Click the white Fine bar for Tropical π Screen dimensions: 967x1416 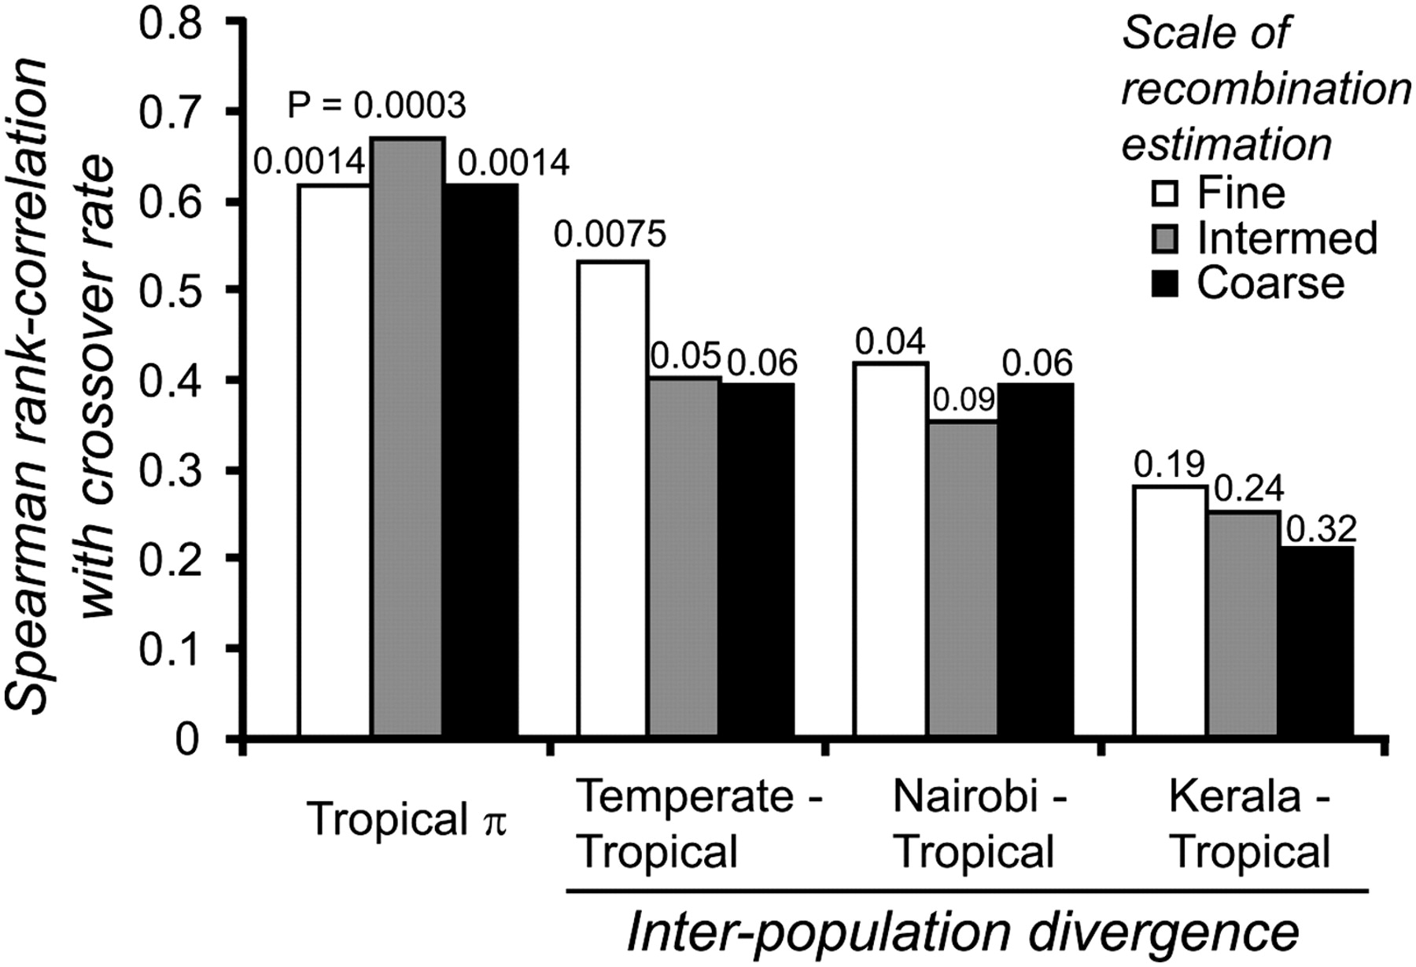tap(334, 460)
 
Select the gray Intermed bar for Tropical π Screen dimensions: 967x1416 tap(407, 437)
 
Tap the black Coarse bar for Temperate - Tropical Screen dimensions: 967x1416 tap(758, 559)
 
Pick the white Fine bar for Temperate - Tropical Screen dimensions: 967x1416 tap(613, 498)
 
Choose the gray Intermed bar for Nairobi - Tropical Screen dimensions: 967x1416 tap(964, 578)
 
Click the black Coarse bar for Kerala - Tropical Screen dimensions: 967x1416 tap(1316, 641)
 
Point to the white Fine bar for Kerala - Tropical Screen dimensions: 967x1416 tap(1170, 611)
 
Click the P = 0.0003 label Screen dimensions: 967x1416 tap(377, 105)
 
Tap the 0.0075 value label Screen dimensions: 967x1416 tap(610, 234)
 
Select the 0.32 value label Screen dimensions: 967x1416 tap(1321, 529)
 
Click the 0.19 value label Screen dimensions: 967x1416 tap(1170, 466)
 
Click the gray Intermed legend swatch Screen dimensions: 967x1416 tap(1164, 238)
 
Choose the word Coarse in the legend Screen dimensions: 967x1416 tap(1270, 283)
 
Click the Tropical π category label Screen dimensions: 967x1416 tap(407, 821)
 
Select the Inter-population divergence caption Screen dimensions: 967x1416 tap(962, 933)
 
